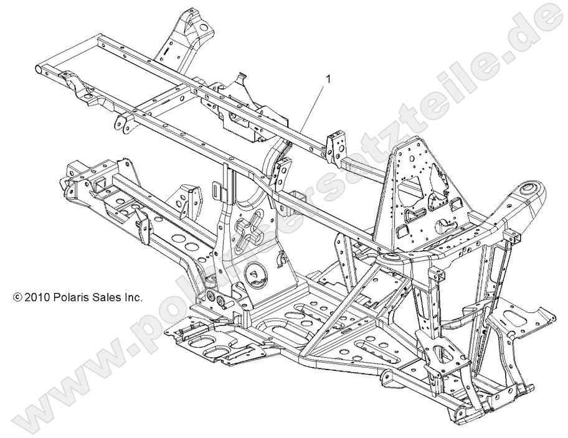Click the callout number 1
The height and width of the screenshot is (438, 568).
point(328,79)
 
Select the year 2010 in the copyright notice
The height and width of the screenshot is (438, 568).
point(37,297)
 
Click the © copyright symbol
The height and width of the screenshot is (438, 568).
point(17,297)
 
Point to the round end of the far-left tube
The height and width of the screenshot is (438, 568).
point(42,68)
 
